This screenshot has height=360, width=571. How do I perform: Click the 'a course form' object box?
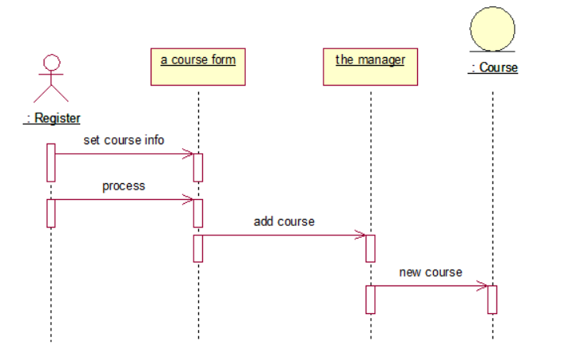point(197,66)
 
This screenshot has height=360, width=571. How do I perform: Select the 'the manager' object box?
point(370,66)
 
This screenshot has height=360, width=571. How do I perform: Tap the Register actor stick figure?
point(52,79)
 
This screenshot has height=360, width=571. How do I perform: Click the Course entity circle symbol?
point(492,29)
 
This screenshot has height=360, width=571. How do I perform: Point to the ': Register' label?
point(52,118)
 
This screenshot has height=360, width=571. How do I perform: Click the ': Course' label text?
point(492,68)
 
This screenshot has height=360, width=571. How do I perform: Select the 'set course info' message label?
point(124,140)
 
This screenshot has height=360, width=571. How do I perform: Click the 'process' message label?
point(124,186)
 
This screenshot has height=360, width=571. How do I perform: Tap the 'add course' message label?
point(284,221)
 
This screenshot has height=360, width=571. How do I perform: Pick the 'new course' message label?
point(431,272)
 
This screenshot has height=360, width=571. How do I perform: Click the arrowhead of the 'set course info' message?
point(189,153)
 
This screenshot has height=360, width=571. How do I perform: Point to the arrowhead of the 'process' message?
point(189,199)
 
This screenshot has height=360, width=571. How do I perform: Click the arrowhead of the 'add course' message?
point(361,235)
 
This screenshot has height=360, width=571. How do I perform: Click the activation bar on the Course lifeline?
point(492,299)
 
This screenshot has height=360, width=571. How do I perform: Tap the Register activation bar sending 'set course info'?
point(51,162)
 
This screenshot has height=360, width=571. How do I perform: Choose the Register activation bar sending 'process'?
point(51,213)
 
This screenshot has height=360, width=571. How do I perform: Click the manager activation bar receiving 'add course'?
point(370,247)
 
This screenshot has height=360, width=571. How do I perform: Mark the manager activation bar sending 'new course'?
point(370,299)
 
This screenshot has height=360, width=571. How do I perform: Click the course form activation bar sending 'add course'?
point(198,247)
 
